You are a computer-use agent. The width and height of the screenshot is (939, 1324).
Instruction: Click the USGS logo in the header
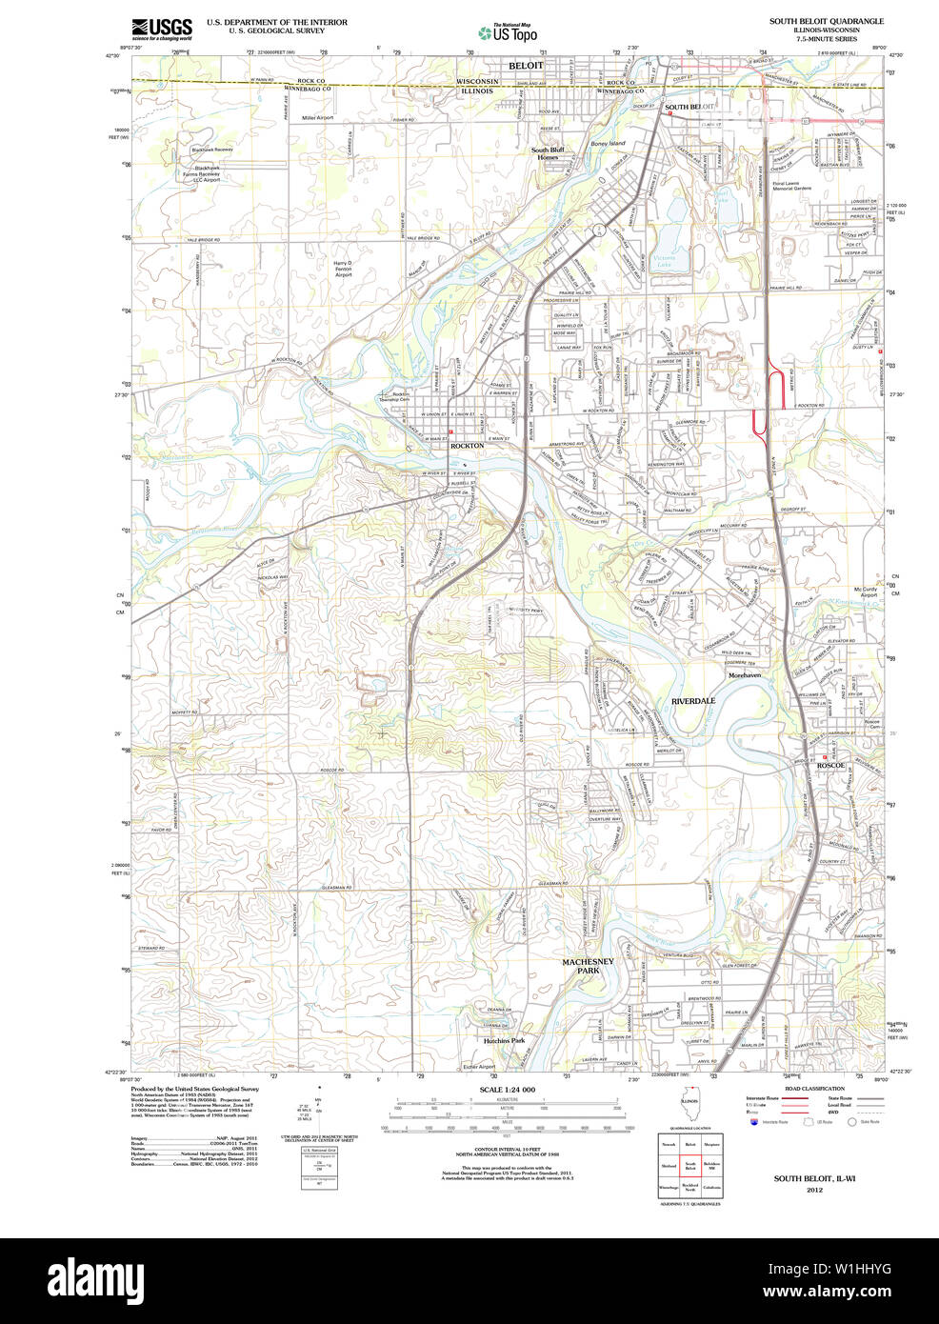point(161,28)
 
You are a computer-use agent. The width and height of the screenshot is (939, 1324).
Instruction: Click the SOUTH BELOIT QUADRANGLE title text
point(827,21)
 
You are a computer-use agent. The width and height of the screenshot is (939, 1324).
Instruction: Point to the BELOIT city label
point(526,65)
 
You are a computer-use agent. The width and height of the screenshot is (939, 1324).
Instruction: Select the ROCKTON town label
point(467,446)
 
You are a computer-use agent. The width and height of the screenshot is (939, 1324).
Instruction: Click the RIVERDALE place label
point(692,701)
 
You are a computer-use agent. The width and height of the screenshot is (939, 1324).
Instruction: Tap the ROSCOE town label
point(830,766)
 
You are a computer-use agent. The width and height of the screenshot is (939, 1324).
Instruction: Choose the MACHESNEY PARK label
point(588,966)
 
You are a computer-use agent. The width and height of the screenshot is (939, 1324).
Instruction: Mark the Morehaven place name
point(745,675)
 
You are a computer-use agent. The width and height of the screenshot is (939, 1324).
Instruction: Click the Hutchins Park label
point(504,1041)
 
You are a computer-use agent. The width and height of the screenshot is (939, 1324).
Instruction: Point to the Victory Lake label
point(664,261)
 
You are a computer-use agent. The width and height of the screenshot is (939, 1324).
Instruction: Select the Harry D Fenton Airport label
point(343,269)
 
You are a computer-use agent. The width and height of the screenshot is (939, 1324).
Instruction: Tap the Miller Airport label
point(318,118)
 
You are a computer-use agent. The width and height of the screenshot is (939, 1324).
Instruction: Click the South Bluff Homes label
point(548,153)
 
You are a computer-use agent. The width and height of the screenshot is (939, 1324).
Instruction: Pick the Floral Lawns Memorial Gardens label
point(791,186)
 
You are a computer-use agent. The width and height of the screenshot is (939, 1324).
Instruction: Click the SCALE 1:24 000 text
point(507,1090)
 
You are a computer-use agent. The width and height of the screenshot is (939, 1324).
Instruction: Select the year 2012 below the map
point(814,1190)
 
